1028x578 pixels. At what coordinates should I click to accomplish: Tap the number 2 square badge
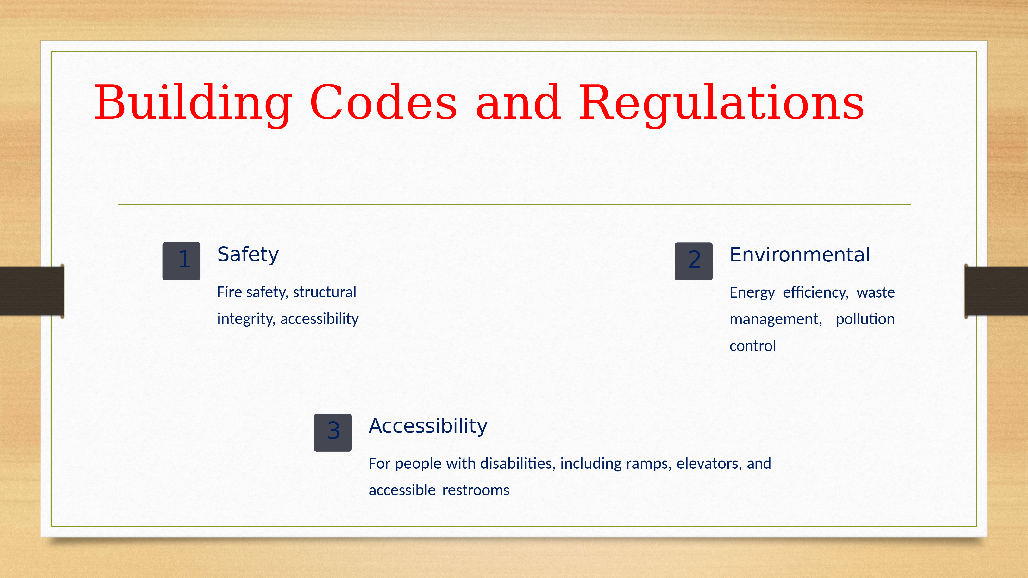tap(694, 261)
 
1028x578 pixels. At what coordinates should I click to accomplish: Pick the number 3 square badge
tap(333, 432)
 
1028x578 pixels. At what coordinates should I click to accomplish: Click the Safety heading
tap(248, 255)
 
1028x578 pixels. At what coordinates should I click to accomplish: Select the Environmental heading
tap(800, 255)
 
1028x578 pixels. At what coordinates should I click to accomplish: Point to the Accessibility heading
tap(428, 426)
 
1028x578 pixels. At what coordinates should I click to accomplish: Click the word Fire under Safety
tap(229, 292)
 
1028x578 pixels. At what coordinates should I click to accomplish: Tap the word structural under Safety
tap(325, 292)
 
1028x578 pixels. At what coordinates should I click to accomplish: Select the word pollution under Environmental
tap(865, 319)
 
